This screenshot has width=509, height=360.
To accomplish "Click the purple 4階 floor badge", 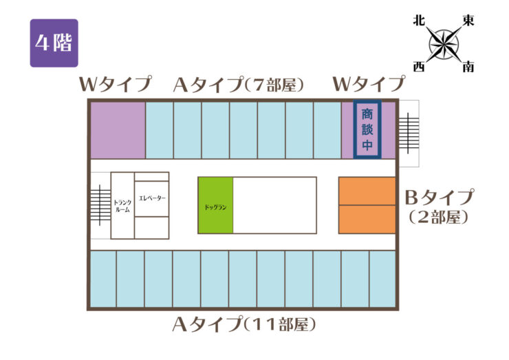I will coord(54,43).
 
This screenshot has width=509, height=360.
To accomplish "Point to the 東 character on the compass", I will coord(468,21).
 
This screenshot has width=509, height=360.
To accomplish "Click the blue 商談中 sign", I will coord(367,130).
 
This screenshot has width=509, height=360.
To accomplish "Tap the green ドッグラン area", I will coord(215,205).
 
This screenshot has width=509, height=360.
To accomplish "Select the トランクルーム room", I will coord(122,205).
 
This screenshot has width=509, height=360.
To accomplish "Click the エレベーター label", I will coord(151,198).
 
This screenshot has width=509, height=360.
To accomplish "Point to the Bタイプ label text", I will coord(439,198).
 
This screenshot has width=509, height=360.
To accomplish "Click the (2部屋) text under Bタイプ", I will coord(439,218).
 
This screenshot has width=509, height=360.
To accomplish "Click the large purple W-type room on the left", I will coord(118,130).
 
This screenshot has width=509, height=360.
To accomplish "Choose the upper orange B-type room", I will coord(367,191).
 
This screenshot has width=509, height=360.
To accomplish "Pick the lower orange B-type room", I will coord(367,220).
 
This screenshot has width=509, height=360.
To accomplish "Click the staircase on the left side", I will coord(100,204).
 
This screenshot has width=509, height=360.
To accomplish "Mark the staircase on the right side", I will coord(409,133).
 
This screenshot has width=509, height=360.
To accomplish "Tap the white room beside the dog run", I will coord(275,205).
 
